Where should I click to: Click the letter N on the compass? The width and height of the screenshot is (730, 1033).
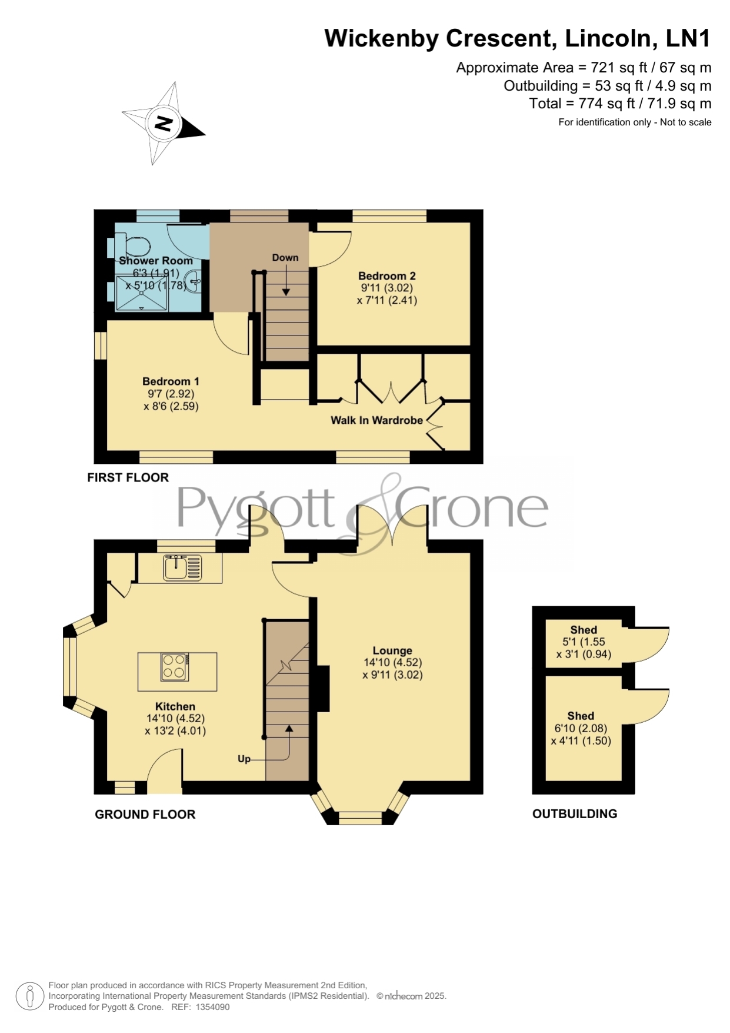(x=163, y=124)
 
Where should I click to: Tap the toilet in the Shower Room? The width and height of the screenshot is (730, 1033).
(x=131, y=245)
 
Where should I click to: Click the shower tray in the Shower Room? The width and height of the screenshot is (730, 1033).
(x=142, y=293)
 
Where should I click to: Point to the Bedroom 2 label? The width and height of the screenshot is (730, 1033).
(x=387, y=276)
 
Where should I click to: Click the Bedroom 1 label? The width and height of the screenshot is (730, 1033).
(x=171, y=381)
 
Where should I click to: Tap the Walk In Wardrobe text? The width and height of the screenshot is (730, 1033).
(x=376, y=420)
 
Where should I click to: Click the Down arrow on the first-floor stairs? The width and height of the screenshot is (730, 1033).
(x=286, y=280)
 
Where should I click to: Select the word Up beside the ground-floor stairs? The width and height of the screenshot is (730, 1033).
(x=244, y=759)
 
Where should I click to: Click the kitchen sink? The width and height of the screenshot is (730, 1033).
(x=182, y=567)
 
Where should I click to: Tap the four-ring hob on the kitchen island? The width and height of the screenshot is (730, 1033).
(x=175, y=667)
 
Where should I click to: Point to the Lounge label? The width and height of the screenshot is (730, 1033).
(x=392, y=650)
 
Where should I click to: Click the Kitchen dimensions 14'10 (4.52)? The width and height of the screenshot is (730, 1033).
(x=175, y=719)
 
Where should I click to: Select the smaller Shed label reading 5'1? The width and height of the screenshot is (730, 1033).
(x=584, y=630)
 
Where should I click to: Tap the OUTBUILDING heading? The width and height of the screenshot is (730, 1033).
(x=575, y=814)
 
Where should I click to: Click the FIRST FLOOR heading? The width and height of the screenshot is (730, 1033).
(x=128, y=477)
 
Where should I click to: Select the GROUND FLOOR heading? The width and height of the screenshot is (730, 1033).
(x=145, y=815)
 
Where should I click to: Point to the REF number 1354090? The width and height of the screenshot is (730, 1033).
(x=212, y=1007)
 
